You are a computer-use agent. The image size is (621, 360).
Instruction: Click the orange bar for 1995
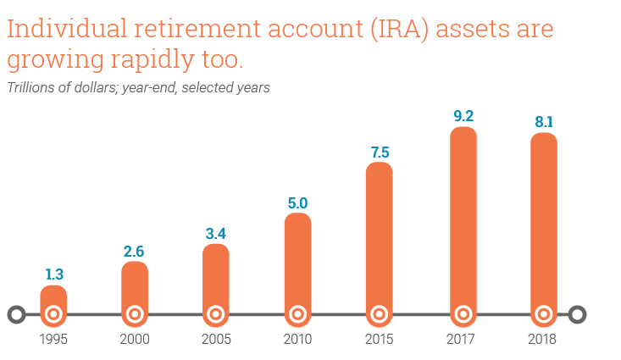tap(53, 306)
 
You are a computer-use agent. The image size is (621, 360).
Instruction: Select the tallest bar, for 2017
tap(463, 226)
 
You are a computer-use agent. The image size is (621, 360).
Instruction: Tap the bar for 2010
tap(298, 269)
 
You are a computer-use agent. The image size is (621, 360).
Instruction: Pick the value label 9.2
tap(463, 116)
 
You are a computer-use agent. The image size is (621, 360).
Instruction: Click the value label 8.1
tap(544, 122)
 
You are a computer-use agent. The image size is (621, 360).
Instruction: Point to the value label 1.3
tap(54, 274)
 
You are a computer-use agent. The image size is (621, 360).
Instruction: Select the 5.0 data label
tap(297, 203)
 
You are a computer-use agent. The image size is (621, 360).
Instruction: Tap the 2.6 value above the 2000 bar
tap(134, 252)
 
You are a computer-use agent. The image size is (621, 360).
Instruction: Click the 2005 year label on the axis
tap(216, 340)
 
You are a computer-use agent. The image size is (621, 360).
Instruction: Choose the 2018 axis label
tap(542, 340)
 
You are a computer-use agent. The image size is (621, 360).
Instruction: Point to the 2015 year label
tap(379, 340)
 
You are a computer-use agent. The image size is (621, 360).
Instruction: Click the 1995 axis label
tap(53, 340)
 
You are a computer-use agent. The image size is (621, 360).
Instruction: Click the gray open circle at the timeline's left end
tap(10, 314)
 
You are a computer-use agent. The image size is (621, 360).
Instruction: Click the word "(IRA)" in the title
tap(400, 30)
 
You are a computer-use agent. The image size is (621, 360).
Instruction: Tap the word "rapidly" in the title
tap(152, 60)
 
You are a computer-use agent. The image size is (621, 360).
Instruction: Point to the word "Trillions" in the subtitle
tap(30, 87)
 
